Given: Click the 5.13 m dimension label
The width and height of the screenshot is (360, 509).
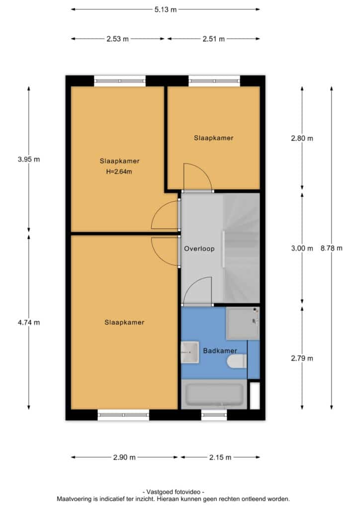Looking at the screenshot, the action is pyautogui.click(x=165, y=9).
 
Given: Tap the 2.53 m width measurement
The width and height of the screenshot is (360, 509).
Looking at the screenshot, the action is pyautogui.click(x=117, y=39).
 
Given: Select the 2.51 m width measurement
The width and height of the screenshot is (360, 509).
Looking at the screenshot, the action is pyautogui.click(x=214, y=39).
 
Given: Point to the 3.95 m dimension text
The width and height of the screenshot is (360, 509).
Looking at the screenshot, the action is pyautogui.click(x=29, y=160).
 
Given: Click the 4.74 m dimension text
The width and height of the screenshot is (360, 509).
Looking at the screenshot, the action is pyautogui.click(x=29, y=322).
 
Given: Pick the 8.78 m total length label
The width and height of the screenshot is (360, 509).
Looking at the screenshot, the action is pyautogui.click(x=332, y=249).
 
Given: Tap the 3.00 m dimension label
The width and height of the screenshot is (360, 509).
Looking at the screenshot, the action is pyautogui.click(x=302, y=249).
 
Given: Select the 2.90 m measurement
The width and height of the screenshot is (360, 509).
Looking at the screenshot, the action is pyautogui.click(x=124, y=457).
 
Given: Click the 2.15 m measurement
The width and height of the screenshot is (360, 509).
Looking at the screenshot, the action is pyautogui.click(x=220, y=457).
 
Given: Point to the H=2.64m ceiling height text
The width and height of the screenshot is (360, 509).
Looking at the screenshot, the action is pyautogui.click(x=119, y=171).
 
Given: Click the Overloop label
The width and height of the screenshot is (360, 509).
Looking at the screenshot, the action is pyautogui.click(x=199, y=249).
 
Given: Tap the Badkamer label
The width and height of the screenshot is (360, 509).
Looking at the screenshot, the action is pyautogui.click(x=220, y=351).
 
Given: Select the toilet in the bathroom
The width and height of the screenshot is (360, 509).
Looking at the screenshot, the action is pyautogui.click(x=237, y=361).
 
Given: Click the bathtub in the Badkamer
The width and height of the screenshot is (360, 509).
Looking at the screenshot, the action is pyautogui.click(x=214, y=394).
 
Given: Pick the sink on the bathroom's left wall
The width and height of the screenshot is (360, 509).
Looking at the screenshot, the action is pyautogui.click(x=190, y=352).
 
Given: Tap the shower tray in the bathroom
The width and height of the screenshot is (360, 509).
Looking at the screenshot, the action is pyautogui.click(x=243, y=323).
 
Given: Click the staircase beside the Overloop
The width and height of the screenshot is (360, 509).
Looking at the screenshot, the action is pyautogui.click(x=242, y=249).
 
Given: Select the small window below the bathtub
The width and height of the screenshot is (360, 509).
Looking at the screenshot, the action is pyautogui.click(x=214, y=415).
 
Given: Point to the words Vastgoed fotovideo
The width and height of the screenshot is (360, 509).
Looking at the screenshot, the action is pyautogui.click(x=174, y=492).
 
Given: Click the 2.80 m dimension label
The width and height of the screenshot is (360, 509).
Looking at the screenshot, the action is pyautogui.click(x=302, y=139).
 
